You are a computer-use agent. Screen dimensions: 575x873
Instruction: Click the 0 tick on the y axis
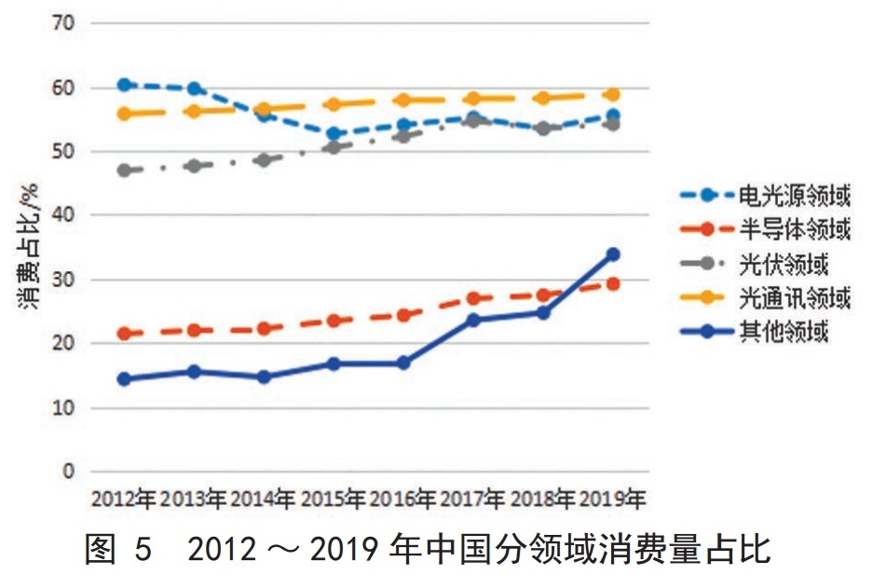coord(68,472)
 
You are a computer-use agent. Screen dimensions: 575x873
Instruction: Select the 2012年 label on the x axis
coord(123,499)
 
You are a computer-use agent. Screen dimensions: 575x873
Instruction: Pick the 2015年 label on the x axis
coord(333,499)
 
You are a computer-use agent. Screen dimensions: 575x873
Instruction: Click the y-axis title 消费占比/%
coord(26,246)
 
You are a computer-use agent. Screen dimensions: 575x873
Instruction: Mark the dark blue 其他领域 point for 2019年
coord(612,254)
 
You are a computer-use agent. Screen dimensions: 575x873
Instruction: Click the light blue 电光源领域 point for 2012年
coord(124,85)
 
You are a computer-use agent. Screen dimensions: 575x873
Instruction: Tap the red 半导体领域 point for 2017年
coord(473,298)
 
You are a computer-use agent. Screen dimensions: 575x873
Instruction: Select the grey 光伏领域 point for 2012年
coord(124,171)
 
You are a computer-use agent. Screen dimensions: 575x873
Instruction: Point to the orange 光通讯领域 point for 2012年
coord(124,114)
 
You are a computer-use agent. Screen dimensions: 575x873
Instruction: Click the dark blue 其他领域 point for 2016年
coord(403,363)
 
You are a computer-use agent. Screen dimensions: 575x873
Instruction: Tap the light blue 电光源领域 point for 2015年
coord(334,134)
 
